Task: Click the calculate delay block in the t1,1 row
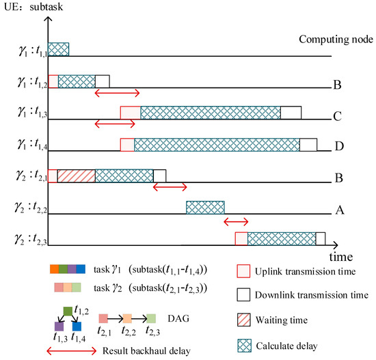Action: pyautogui.click(x=58, y=49)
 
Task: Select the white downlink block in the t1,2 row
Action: pyautogui.click(x=102, y=81)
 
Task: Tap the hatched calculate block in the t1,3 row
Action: pyautogui.click(x=211, y=113)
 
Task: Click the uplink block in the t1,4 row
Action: pyautogui.click(x=127, y=145)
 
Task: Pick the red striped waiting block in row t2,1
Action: pyautogui.click(x=77, y=176)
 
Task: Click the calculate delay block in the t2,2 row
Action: pyautogui.click(x=205, y=208)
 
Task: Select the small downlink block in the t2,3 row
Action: pyautogui.click(x=320, y=239)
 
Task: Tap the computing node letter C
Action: pyautogui.click(x=338, y=117)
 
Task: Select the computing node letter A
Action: pyautogui.click(x=338, y=212)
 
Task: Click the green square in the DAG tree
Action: pyautogui.click(x=68, y=311)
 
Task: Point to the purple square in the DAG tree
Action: pyautogui.click(x=59, y=326)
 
